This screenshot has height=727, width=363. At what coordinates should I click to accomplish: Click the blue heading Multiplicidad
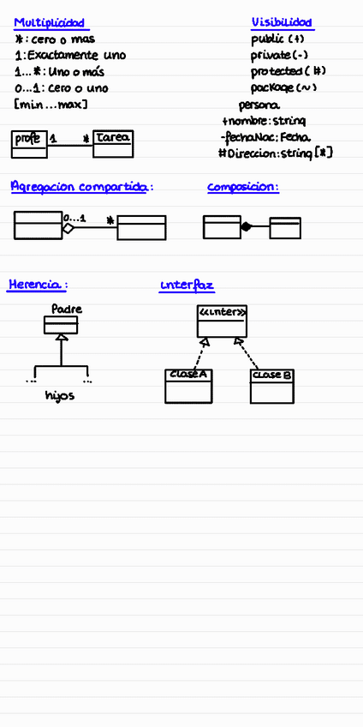[49, 23]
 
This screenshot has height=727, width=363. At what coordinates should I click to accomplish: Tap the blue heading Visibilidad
[282, 22]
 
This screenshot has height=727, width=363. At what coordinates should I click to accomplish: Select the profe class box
[29, 144]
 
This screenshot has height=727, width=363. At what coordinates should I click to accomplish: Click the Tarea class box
[113, 143]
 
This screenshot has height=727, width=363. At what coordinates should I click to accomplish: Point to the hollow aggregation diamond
[68, 228]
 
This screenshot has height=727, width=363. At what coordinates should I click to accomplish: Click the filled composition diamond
[247, 227]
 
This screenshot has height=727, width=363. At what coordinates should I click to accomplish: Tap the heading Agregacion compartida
[82, 186]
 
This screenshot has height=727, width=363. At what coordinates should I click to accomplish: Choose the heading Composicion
[242, 186]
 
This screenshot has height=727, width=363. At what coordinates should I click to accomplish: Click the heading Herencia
[37, 284]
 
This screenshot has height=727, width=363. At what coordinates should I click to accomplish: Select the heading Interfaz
[187, 284]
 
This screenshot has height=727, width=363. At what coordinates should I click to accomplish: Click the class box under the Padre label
[61, 325]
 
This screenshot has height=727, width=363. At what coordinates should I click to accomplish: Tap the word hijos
[60, 396]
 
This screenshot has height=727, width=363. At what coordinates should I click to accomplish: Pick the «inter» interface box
[223, 321]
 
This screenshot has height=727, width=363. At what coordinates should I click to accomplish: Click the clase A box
[188, 386]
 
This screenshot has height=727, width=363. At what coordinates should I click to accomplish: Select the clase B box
[272, 387]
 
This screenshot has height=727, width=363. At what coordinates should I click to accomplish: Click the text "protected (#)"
[288, 71]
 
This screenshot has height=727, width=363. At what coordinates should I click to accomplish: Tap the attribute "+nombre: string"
[258, 121]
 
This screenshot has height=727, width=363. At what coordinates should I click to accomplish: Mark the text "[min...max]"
[51, 105]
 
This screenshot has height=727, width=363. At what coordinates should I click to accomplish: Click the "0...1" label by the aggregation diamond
[75, 218]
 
